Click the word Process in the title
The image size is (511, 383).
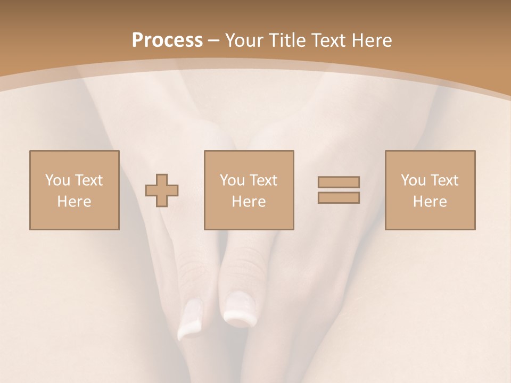click(167, 40)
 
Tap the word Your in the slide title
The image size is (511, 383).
click(244, 40)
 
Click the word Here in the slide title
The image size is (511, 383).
click(373, 40)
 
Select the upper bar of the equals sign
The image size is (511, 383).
click(339, 182)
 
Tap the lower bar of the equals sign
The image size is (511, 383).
click(339, 197)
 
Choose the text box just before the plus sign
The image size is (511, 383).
click(74, 190)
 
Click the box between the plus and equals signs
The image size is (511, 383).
click(249, 190)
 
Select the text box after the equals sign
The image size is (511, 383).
click(430, 190)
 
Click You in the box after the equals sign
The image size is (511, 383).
click(413, 180)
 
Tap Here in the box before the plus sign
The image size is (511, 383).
click(74, 202)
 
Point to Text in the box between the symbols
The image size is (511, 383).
click(263, 180)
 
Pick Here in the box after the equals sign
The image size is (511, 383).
click(430, 202)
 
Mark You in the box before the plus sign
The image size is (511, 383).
click(57, 180)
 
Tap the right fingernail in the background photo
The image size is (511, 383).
click(239, 311)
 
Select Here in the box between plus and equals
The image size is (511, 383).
click(249, 202)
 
